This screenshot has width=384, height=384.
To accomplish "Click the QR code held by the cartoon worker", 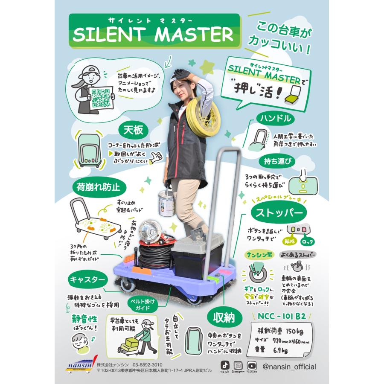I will pos(101,96).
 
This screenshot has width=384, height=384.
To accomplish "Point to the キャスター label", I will pos(87,280).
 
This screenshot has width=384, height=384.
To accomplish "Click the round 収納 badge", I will pos(222,317).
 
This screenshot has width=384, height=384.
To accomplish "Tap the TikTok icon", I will pos(225,365).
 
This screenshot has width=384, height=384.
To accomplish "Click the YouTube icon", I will pos(252,365).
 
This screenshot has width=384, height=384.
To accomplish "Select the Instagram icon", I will pos(239,365).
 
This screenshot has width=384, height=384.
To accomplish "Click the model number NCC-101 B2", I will pos(282,316).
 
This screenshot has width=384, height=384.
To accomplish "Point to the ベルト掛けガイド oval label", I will pos(143,304).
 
